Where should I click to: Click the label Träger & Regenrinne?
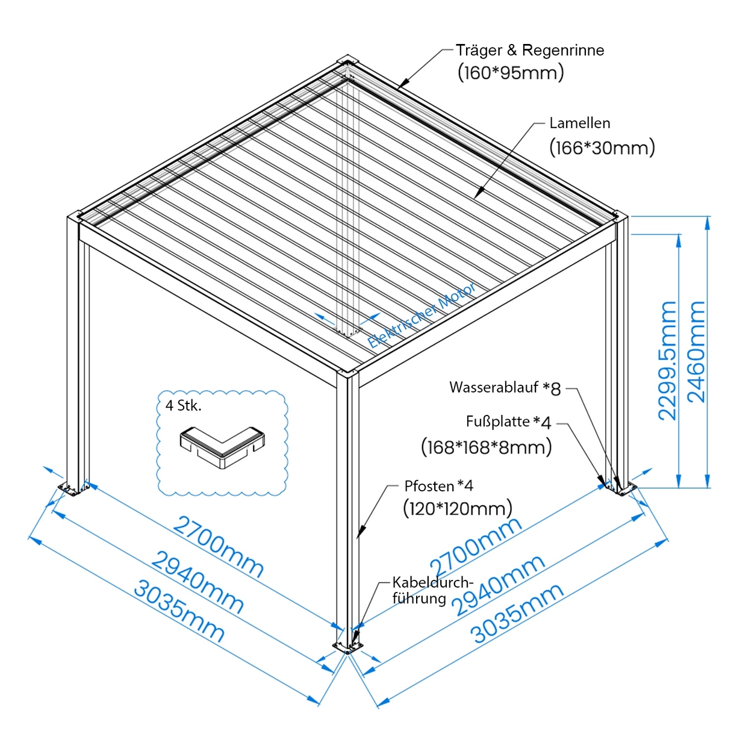[530, 51]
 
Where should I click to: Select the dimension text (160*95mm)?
[511, 73]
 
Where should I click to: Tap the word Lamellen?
[580, 123]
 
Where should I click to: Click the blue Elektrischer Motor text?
[421, 316]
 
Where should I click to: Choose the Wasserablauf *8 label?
[505, 388]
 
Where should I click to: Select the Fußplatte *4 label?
[508, 421]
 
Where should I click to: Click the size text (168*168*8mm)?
[486, 447]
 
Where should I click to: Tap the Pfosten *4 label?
[438, 486]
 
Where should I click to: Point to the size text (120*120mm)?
[458, 509]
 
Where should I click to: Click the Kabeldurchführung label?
[432, 590]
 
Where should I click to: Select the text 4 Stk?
[184, 406]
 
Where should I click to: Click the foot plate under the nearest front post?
[348, 647]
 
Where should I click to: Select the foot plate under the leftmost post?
[73, 489]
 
